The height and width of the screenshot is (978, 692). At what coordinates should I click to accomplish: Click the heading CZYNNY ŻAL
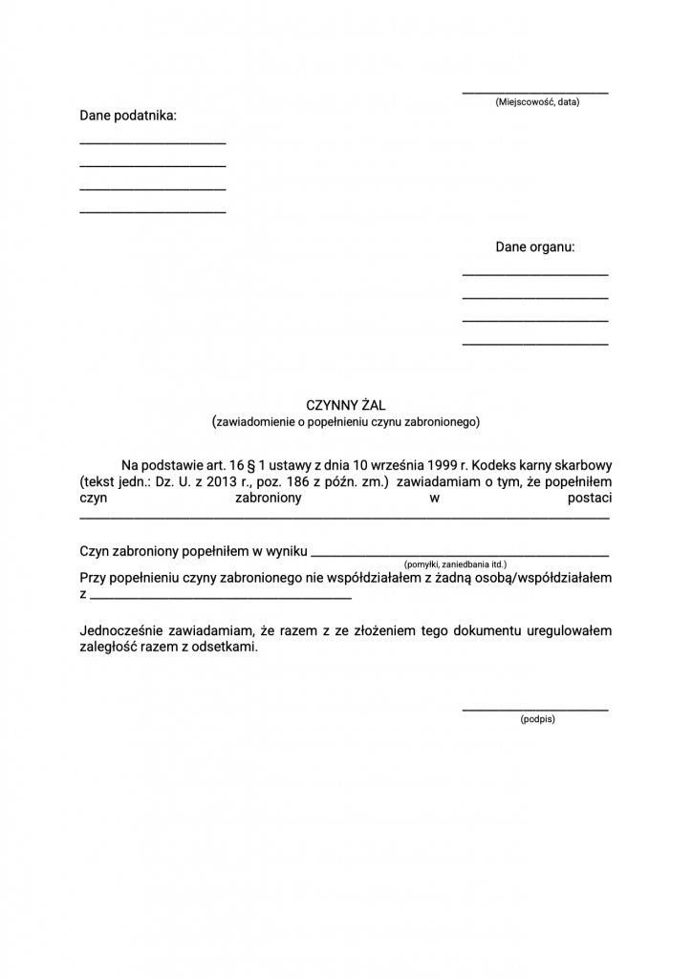(345, 406)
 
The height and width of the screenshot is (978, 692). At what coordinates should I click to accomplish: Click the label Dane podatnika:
(128, 116)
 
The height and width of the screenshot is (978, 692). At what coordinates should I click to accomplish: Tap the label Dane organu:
(535, 247)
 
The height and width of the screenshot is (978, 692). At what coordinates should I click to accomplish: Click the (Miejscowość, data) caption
(536, 102)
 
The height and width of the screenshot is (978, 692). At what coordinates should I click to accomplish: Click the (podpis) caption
(537, 719)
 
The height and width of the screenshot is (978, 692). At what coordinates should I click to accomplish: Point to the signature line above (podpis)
(535, 710)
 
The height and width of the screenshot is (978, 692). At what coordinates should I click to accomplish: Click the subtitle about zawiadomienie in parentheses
(345, 421)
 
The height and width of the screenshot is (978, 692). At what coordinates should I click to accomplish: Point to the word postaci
(589, 499)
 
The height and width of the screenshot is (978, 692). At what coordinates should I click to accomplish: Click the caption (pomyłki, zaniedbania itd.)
(455, 564)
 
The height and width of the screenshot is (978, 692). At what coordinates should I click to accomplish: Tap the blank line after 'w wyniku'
(460, 555)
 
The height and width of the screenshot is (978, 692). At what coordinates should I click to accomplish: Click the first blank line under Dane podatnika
(152, 143)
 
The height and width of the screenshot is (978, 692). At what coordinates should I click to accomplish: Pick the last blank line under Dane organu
(535, 343)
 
